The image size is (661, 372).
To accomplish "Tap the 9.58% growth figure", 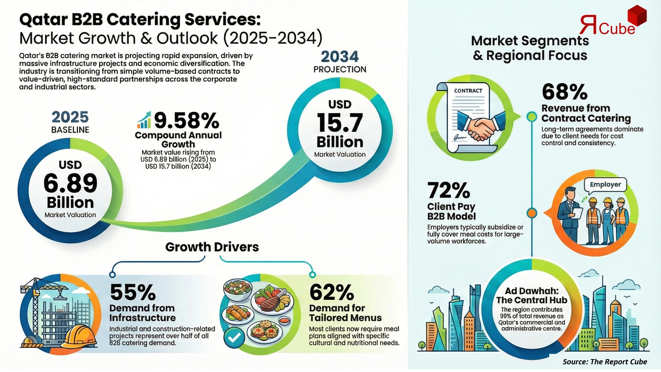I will tap(187, 120).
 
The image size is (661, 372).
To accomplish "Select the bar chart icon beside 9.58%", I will tap(144, 120).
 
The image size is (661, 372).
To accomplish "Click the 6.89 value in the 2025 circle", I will tap(70, 183).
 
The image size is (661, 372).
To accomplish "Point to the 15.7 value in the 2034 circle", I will tap(340, 123).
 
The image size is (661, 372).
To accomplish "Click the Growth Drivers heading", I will tap(212, 247).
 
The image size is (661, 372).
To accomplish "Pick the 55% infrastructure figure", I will tap(133, 292).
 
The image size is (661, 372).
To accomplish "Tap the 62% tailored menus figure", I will tap(332, 292).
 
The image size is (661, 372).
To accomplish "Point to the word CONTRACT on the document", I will tap(468, 91).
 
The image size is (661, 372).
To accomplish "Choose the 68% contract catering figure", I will tap(565, 92).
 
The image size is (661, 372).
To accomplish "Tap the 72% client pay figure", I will tap(448, 190).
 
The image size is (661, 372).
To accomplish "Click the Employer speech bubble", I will tap(605, 185).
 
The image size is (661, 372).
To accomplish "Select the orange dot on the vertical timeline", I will tap(532, 213).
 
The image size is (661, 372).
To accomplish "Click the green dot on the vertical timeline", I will tap(532, 117).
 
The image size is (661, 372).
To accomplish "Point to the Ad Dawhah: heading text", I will tap(532, 291).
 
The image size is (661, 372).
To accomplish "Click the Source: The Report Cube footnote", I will tap(605, 362).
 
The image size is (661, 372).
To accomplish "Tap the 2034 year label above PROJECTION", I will tap(340, 56).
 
